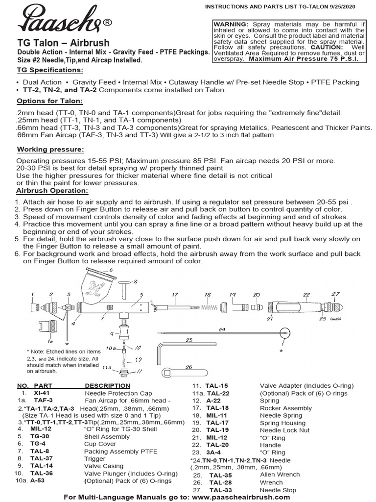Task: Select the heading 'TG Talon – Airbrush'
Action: [x=64, y=43]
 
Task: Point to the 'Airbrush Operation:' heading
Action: [x=52, y=191]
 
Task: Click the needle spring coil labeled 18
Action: [x=208, y=307]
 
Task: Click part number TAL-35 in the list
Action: [x=220, y=475]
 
